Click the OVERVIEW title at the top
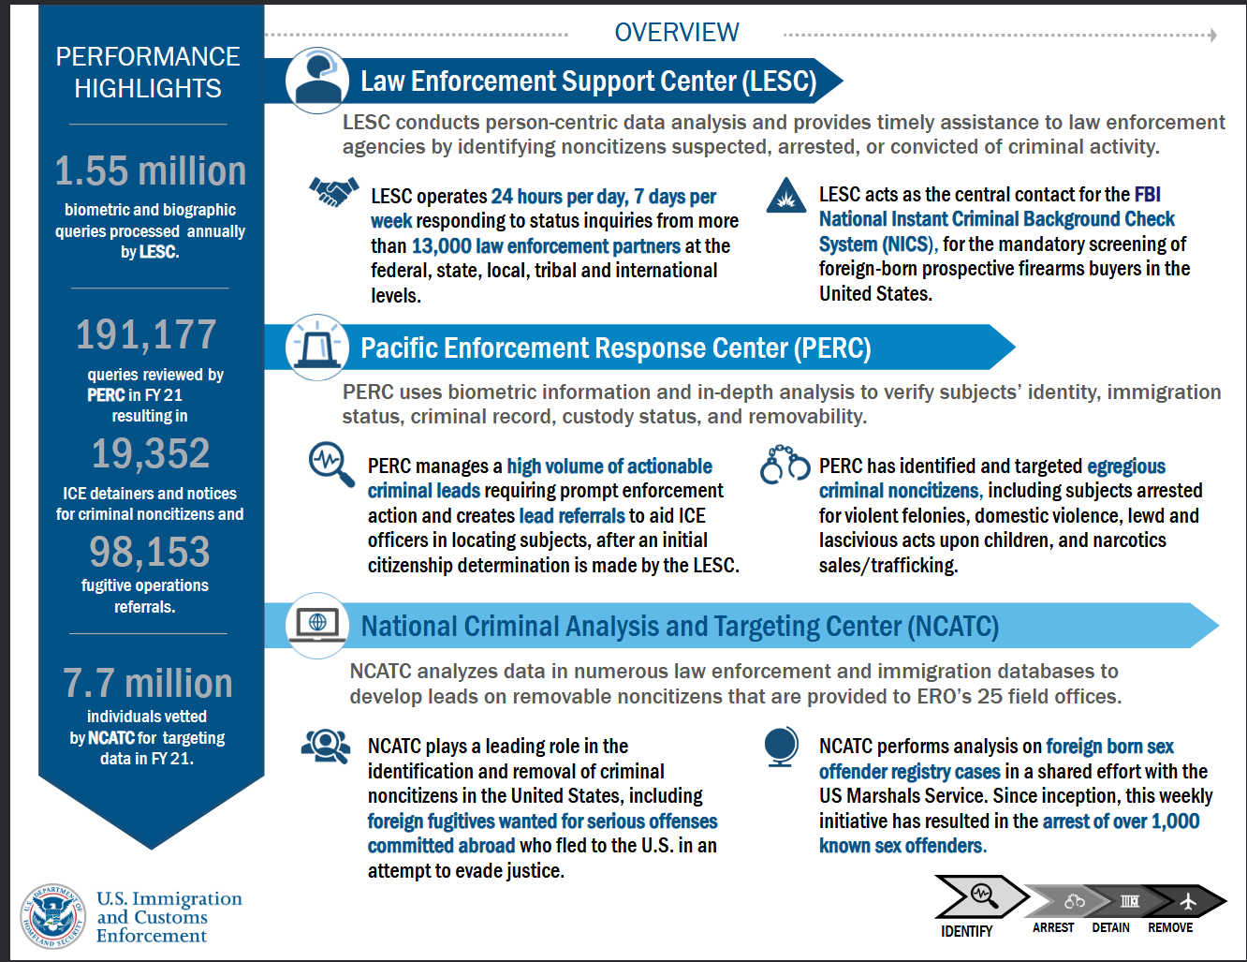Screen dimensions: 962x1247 point(676,33)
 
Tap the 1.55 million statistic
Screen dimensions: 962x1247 point(150,171)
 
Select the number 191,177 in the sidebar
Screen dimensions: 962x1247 point(146,334)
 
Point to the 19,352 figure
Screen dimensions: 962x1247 point(150,454)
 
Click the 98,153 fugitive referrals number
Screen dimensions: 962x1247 point(150,552)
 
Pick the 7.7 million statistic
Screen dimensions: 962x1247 point(148,684)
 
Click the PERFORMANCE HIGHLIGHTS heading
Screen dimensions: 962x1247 point(148,72)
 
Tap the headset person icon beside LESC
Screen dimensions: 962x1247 point(316,81)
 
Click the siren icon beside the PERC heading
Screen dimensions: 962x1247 point(316,347)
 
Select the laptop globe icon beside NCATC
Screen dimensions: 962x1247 point(316,624)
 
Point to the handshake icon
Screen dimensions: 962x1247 point(334,192)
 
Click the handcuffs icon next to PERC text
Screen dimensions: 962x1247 point(785,465)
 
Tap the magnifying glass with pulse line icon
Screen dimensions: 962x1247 point(330,464)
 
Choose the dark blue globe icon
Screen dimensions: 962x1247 point(781,747)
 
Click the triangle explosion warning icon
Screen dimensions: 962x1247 point(785,196)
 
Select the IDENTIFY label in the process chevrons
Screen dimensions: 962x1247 point(966,931)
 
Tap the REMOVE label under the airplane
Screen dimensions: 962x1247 point(1170,927)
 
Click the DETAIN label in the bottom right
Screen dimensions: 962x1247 point(1110,927)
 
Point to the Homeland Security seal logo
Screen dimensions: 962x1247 point(54,916)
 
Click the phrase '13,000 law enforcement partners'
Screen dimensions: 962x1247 point(546,246)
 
